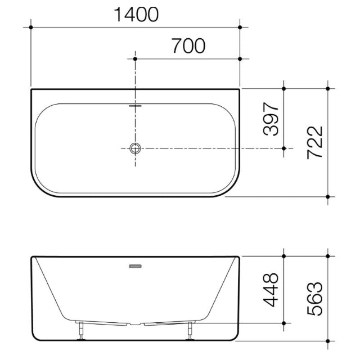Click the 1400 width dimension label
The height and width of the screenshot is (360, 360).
tap(136, 15)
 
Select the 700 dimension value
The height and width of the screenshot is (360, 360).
tap(188, 46)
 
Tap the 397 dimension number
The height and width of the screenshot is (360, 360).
tap(272, 119)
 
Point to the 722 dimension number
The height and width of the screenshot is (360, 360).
tap(316, 142)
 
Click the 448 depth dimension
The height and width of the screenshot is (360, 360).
tap(272, 289)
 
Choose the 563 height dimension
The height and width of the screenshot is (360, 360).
tap(316, 298)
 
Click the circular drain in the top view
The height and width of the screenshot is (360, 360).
tap(136, 148)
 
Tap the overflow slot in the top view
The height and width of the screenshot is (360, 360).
tap(136, 103)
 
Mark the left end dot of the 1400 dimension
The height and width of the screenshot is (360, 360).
tap(31, 27)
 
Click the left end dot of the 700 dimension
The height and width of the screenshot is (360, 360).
tap(136, 58)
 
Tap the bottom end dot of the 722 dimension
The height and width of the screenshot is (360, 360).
tap(328, 196)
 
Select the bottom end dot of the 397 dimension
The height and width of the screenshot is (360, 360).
tap(284, 148)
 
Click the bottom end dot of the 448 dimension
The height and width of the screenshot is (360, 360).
tap(284, 323)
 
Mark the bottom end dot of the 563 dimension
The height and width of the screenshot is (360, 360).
tap(328, 341)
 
